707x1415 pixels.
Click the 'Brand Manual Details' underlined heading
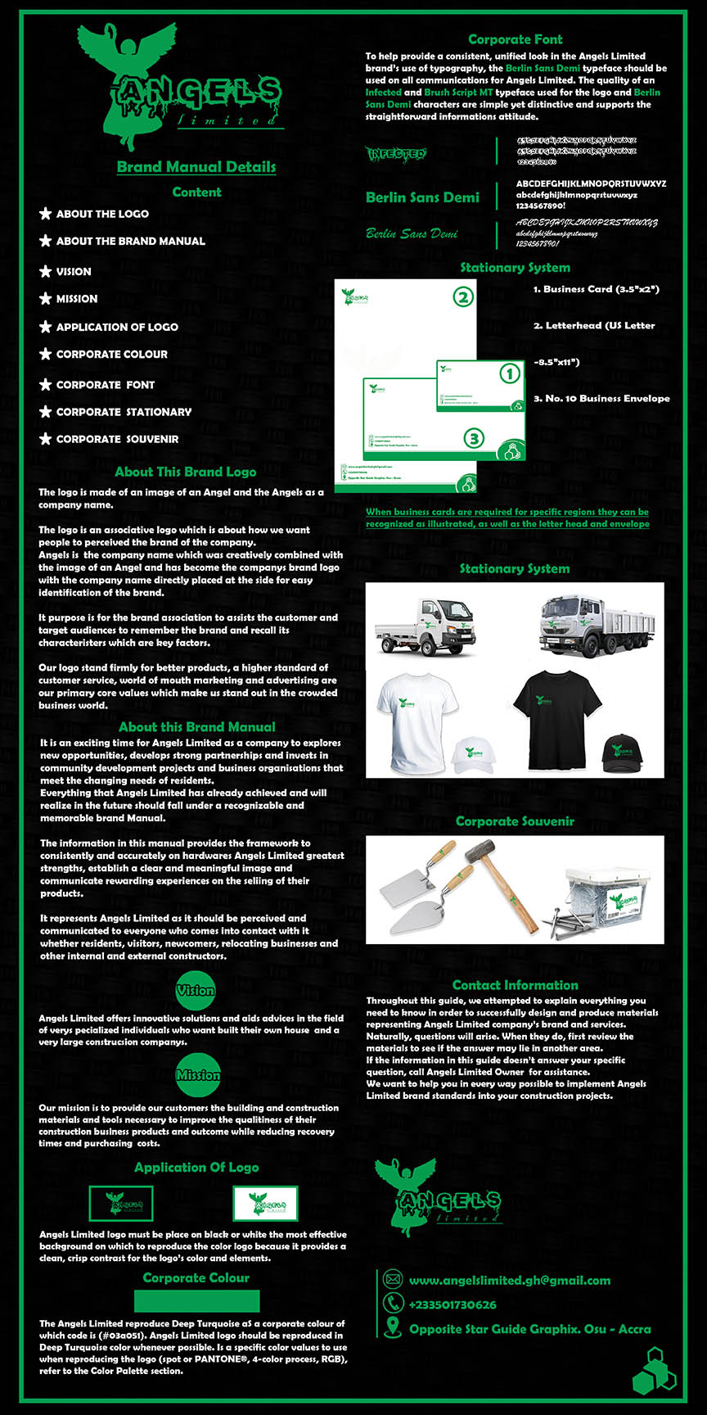click(x=196, y=167)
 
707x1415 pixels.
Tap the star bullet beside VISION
click(x=46, y=271)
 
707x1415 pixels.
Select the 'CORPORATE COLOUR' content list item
click(x=111, y=354)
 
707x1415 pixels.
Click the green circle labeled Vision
click(x=196, y=990)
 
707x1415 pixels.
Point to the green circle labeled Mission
click(x=197, y=1074)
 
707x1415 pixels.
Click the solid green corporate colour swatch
click(x=196, y=1301)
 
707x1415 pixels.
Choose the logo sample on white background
click(x=265, y=1204)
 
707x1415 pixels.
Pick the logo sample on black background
click(x=121, y=1204)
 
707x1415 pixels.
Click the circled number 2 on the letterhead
click(x=463, y=296)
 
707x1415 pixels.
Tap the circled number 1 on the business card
click(x=510, y=374)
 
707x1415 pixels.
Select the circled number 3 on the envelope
click(x=474, y=439)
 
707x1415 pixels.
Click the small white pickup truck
click(x=424, y=628)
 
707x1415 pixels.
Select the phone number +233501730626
click(x=453, y=1304)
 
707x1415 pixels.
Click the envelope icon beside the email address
click(x=393, y=1280)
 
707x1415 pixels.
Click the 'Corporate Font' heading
click(x=515, y=39)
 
